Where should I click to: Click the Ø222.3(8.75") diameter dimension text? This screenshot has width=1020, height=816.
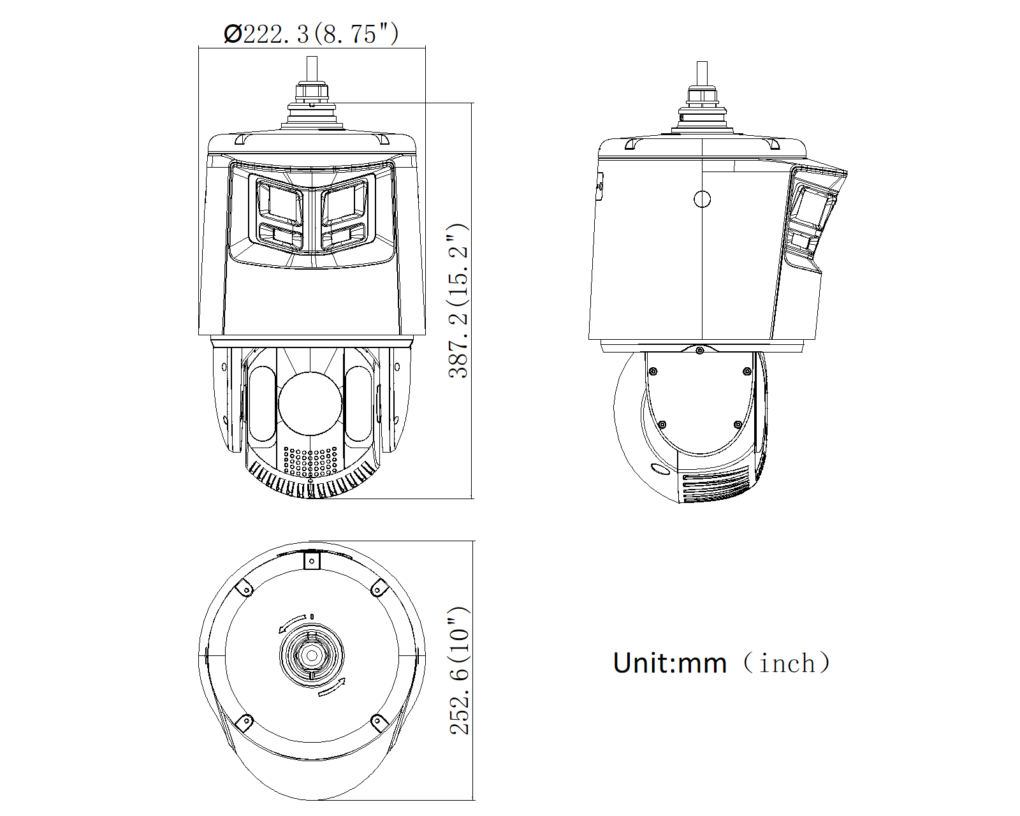(311, 34)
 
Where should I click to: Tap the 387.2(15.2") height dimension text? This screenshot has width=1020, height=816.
(458, 301)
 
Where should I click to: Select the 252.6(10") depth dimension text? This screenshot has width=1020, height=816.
(459, 670)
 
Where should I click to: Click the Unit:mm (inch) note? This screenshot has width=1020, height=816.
(722, 662)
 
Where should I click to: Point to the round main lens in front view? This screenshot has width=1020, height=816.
(310, 404)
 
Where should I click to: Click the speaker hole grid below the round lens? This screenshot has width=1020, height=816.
(310, 462)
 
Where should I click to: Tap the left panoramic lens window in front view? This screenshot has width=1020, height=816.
(280, 202)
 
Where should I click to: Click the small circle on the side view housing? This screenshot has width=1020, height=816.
(702, 199)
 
